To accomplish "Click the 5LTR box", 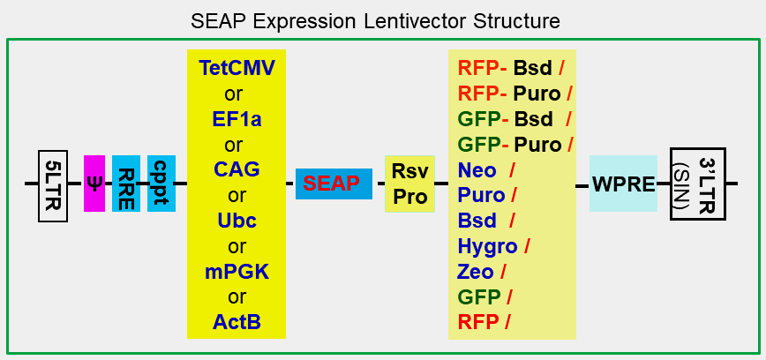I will [53, 184].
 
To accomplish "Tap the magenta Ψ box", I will [94, 184].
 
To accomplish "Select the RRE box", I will [126, 184].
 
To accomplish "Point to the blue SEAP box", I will [333, 184].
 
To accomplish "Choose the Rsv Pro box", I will [409, 184].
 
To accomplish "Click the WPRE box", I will [623, 184].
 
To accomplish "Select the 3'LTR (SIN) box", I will [697, 184].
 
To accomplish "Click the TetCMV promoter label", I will [236, 68].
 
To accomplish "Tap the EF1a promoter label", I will [236, 119].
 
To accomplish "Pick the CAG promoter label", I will [236, 169].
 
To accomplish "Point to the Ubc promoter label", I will [236, 221].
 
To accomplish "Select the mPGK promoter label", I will [236, 272].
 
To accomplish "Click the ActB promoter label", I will [236, 322].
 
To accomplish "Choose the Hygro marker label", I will [488, 245].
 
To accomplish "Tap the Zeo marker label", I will [477, 271].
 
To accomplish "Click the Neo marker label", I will [477, 169].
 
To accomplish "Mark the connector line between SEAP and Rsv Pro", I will [379, 184].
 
